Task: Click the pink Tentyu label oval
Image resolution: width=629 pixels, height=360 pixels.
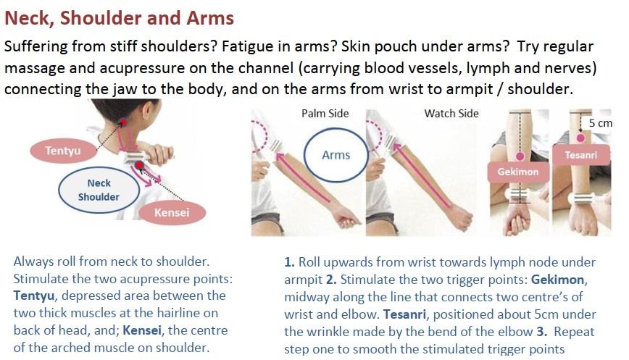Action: (x=63, y=151)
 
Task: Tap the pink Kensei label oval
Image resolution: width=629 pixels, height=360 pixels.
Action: (x=172, y=212)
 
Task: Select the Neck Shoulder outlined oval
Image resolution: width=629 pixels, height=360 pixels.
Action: (x=99, y=190)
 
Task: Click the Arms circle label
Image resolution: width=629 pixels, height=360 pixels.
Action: (x=336, y=155)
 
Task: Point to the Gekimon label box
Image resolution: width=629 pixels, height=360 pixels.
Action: (x=518, y=172)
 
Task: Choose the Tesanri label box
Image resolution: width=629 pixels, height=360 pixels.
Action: (x=581, y=155)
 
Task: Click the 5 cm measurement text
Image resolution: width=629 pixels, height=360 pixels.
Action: (x=601, y=123)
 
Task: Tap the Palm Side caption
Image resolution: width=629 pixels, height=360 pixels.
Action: (x=325, y=114)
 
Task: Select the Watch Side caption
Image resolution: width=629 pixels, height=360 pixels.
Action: (x=451, y=114)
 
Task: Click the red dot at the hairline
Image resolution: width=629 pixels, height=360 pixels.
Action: (x=123, y=122)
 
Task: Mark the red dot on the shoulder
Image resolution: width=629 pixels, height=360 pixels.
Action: (x=139, y=164)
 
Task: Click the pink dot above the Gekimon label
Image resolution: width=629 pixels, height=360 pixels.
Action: (x=520, y=156)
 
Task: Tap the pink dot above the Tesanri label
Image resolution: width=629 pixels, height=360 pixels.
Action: (x=580, y=138)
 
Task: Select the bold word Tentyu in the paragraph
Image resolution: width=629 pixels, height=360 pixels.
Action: (x=33, y=296)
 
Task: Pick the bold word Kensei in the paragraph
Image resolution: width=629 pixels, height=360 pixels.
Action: (x=143, y=330)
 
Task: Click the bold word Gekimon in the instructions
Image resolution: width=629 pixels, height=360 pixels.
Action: (x=557, y=280)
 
